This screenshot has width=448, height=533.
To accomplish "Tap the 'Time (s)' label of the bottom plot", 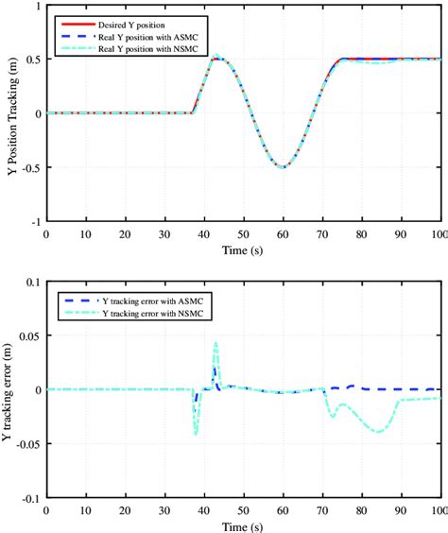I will tap(244, 524).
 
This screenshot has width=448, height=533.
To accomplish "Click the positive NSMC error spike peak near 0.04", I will tap(215, 343).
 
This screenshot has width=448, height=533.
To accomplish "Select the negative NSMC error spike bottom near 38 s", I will tap(196, 434).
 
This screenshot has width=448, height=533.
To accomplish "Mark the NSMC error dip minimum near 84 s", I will tap(378, 432).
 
